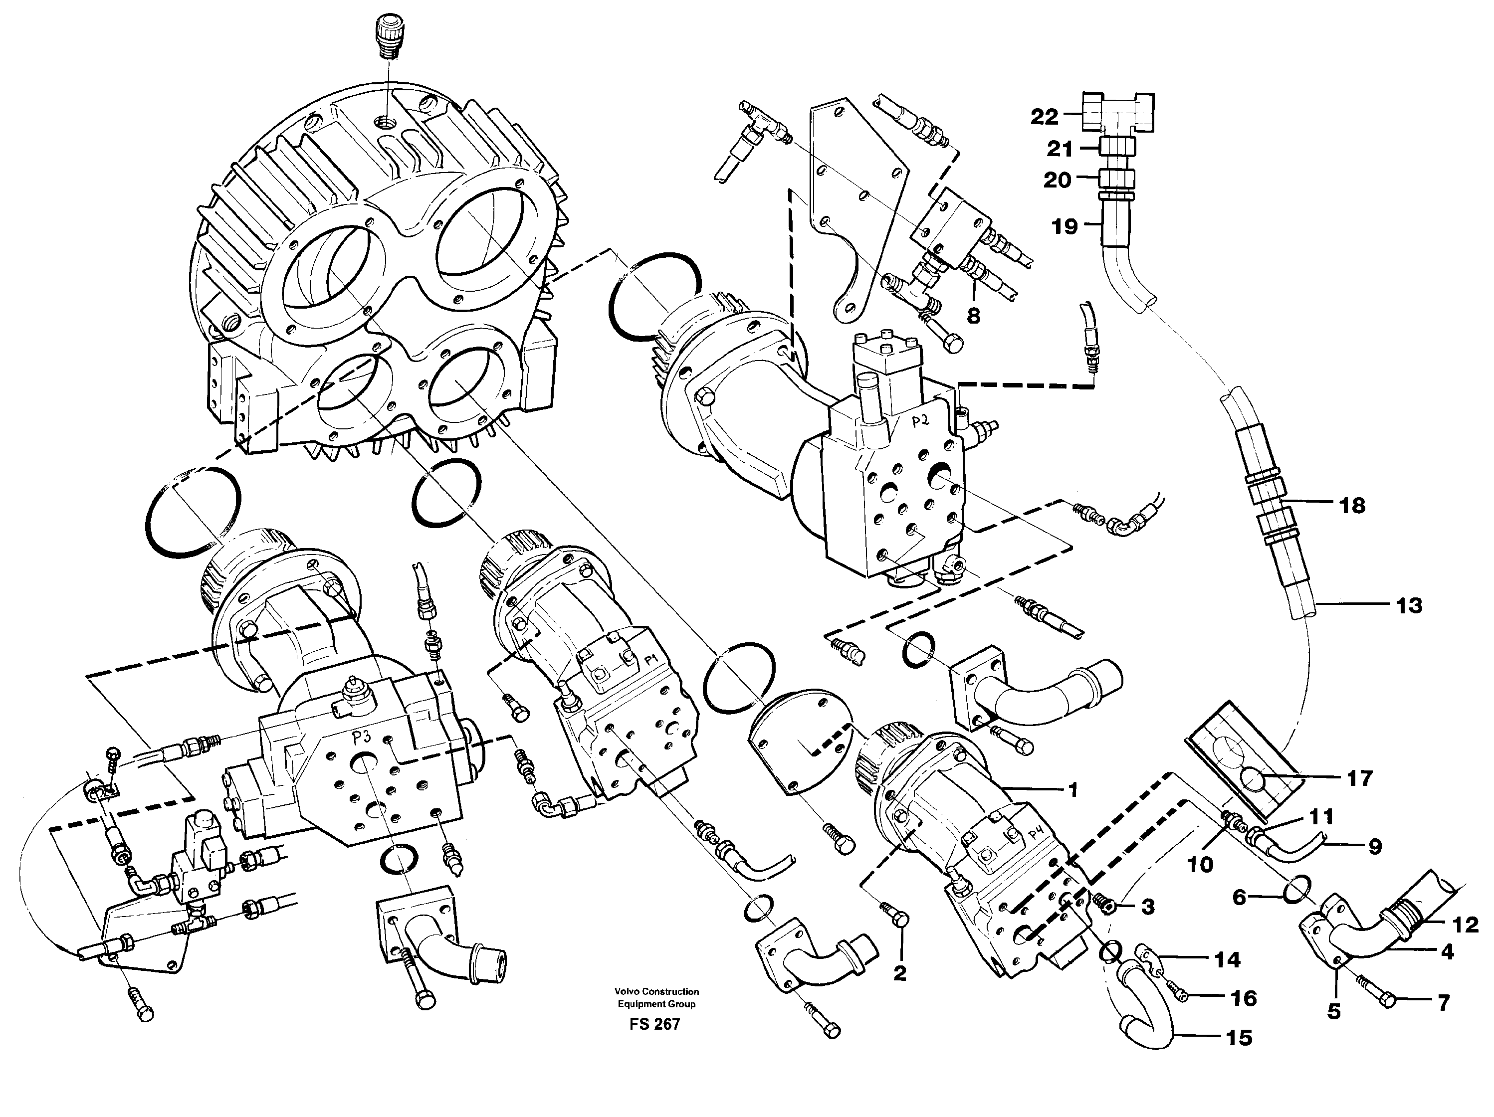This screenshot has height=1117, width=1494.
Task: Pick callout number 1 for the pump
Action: pos(1072,789)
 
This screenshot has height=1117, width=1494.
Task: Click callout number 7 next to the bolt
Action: pos(1443,1003)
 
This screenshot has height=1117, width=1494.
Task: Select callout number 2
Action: pos(899,973)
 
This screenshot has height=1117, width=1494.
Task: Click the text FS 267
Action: pos(654,1024)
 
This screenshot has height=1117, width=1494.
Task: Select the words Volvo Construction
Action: pos(656,991)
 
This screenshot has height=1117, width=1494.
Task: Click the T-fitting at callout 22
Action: pos(1118,114)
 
